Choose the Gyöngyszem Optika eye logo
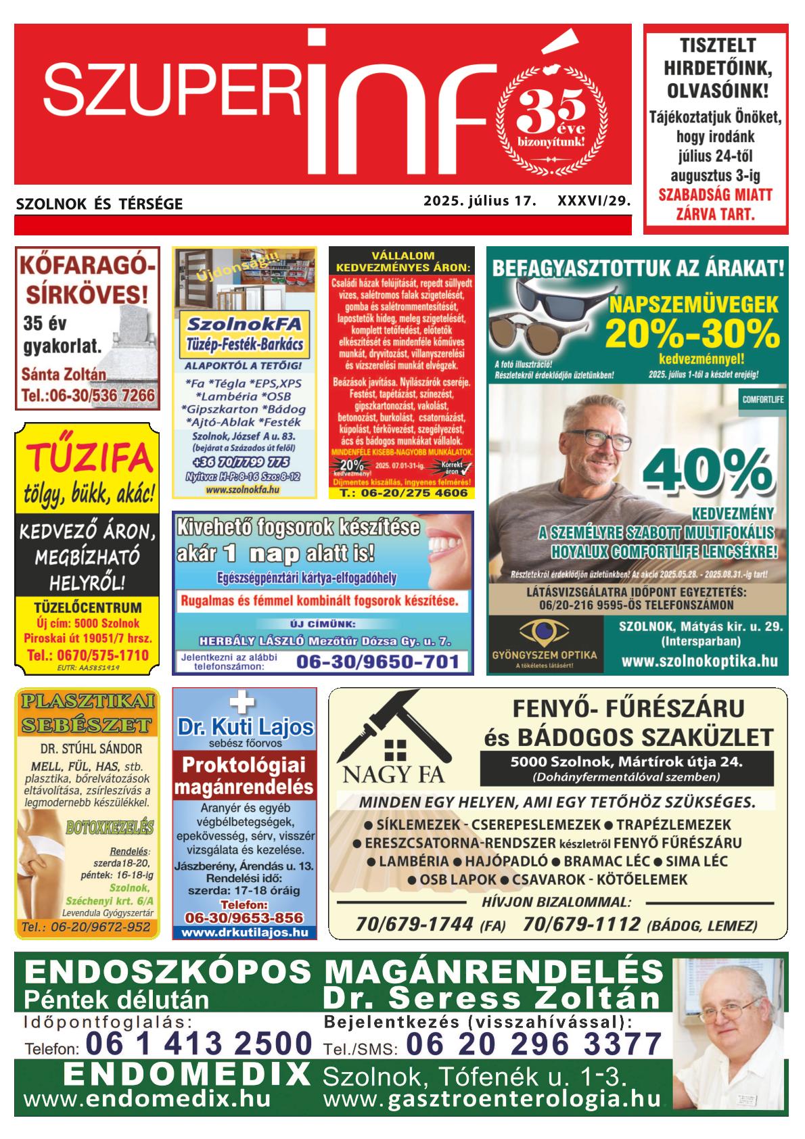click(545, 634)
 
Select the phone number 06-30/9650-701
click(378, 661)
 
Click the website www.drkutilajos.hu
click(244, 931)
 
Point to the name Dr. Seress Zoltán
click(492, 999)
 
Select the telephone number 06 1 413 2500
click(200, 1043)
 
